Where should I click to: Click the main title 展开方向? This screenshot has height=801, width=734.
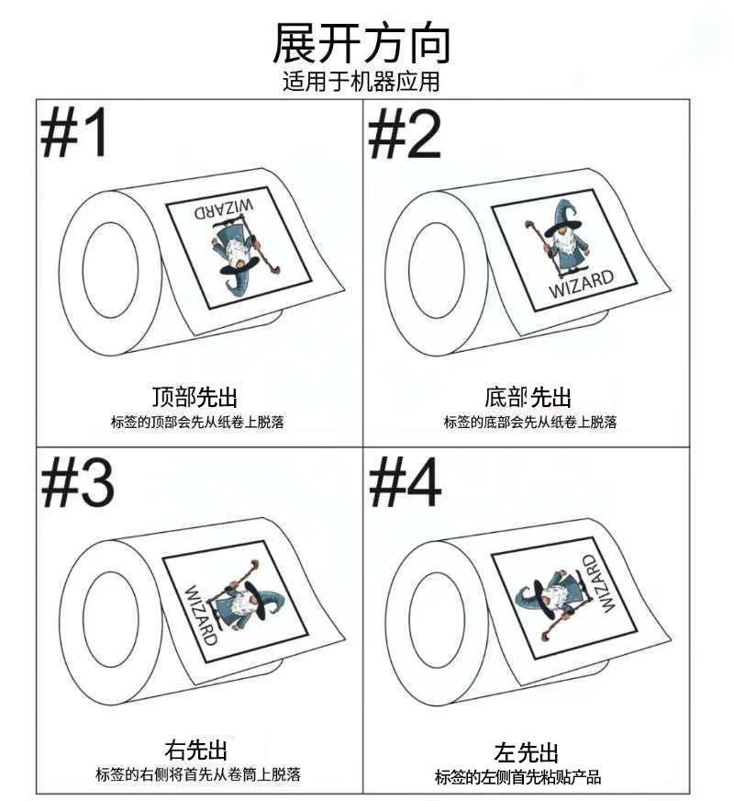361,43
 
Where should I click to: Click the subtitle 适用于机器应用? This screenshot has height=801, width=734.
361,82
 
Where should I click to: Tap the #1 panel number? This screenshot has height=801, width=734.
74,132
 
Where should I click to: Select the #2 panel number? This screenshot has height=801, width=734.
405,135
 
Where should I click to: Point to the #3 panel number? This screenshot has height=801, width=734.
78,482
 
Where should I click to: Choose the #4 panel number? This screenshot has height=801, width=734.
405,482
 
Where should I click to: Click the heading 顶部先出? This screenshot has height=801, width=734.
195,397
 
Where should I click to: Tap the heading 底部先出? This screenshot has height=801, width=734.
528,397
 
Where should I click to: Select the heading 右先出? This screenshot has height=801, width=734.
195,750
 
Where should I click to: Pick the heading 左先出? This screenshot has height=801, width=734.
527,752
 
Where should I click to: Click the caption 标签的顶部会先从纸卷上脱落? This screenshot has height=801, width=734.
197,423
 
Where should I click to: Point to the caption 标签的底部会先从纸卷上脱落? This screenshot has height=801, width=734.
530,422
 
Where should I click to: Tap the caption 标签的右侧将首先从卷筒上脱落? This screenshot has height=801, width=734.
198,774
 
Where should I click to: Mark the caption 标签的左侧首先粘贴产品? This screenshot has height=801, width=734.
517,777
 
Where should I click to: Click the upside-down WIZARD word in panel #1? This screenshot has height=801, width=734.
224,209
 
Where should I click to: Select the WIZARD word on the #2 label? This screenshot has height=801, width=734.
581,283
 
